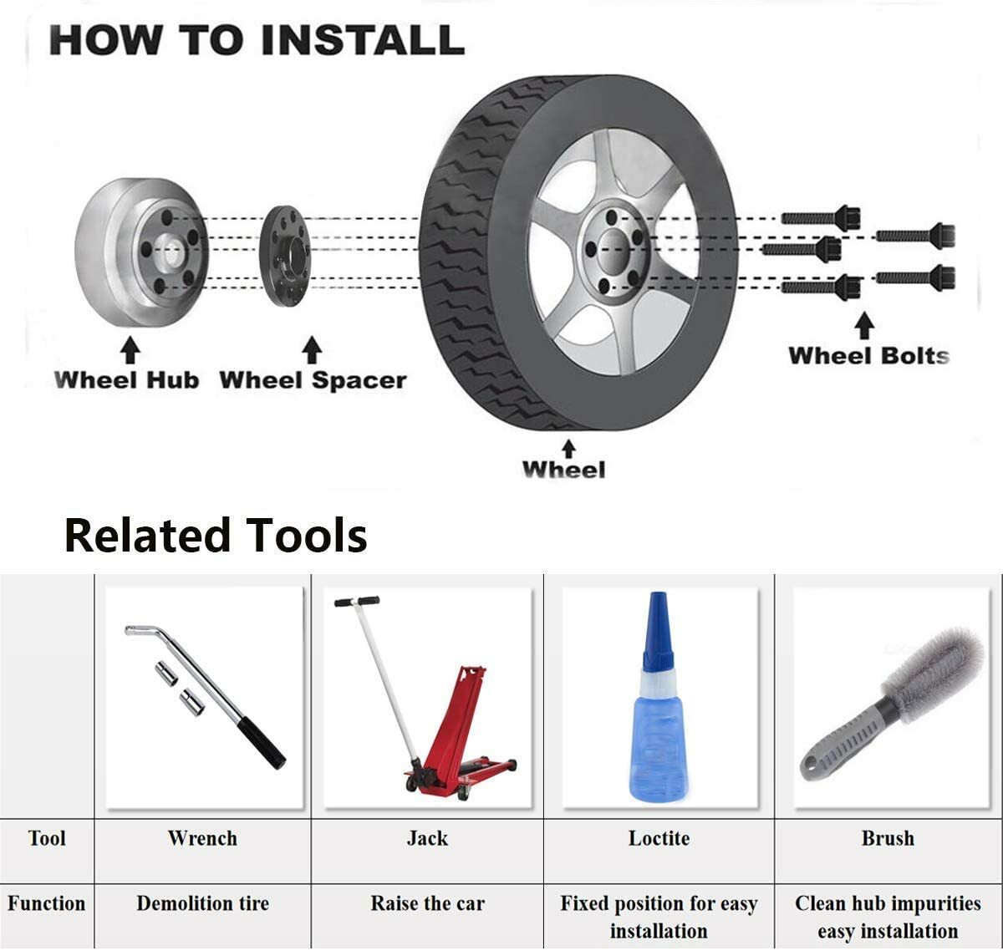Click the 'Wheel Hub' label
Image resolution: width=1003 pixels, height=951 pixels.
click(x=126, y=380)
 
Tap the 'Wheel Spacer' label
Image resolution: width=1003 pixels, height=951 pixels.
click(x=313, y=380)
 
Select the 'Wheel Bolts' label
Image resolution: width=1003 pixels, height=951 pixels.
click(x=868, y=356)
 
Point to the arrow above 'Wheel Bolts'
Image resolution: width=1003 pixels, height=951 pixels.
click(x=864, y=326)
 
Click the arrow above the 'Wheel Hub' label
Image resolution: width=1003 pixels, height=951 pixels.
click(x=130, y=350)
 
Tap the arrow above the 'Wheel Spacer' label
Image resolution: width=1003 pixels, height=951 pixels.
click(x=312, y=350)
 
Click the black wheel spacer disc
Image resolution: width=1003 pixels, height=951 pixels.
click(x=284, y=257)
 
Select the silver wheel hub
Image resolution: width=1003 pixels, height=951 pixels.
click(x=141, y=252)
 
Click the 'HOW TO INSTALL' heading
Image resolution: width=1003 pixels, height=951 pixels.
click(x=257, y=40)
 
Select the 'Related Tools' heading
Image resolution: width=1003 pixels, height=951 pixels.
click(x=216, y=535)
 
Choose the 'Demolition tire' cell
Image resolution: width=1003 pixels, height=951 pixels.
click(x=202, y=903)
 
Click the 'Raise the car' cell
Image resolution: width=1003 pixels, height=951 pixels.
click(x=427, y=903)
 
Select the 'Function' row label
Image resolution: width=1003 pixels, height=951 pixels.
click(x=47, y=903)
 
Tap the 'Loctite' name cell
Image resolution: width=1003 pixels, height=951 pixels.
click(x=659, y=838)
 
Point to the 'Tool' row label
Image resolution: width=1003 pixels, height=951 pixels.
click(x=47, y=838)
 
